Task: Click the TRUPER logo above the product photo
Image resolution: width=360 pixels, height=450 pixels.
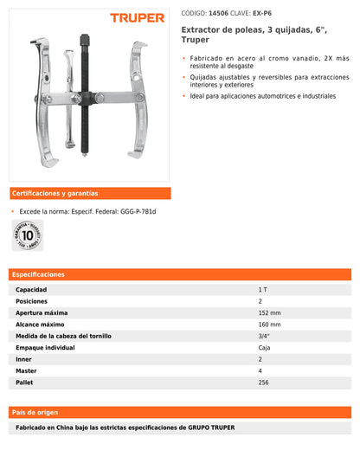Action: pos(137,17)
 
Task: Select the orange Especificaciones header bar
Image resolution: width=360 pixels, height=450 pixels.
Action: pos(180,274)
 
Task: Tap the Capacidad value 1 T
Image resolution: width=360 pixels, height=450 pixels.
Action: pos(262,288)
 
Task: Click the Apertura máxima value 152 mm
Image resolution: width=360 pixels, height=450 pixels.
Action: pos(269,312)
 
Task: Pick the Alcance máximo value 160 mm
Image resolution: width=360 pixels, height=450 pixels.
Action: pos(269,324)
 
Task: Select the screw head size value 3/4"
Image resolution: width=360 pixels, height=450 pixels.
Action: pos(263,335)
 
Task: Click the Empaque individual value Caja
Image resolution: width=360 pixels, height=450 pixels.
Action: pos(264,347)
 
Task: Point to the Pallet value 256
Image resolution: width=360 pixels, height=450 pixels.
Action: pos(264,382)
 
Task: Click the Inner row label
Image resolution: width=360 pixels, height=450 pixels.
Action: pos(25,358)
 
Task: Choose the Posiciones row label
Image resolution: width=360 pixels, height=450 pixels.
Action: pos(33,300)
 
